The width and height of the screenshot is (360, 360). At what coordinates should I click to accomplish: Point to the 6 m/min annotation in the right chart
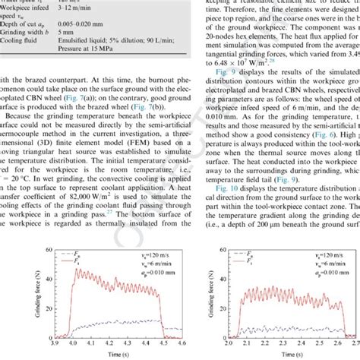coord(327,270)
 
